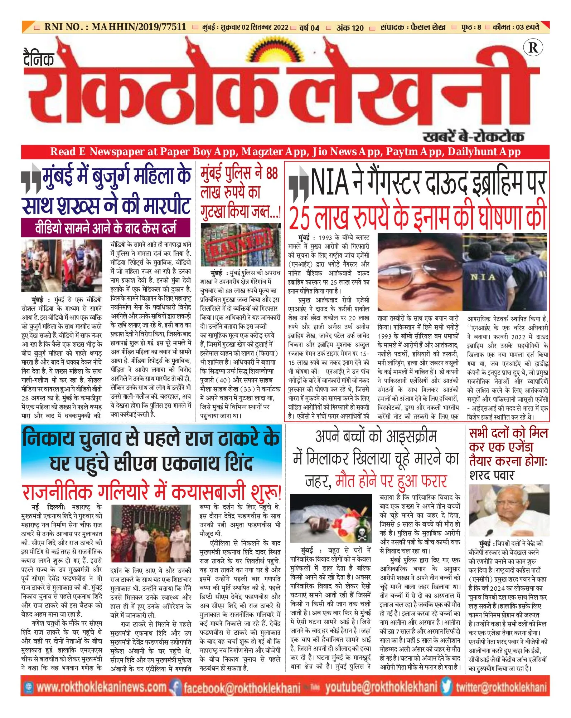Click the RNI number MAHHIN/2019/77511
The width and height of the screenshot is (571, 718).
pyautogui.click(x=139, y=27)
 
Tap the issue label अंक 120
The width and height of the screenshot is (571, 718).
pyautogui.click(x=350, y=28)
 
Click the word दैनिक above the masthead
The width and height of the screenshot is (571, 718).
pyautogui.click(x=39, y=59)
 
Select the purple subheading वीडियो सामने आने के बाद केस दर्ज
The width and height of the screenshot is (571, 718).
pyautogui.click(x=106, y=228)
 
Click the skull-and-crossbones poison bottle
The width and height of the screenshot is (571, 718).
pyautogui.click(x=362, y=533)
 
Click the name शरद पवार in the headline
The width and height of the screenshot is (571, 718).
pyautogui.click(x=492, y=475)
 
